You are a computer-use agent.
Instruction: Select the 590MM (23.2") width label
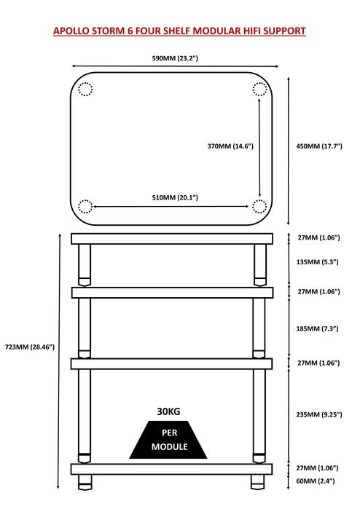click(x=175, y=58)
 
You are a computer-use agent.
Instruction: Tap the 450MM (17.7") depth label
click(x=319, y=146)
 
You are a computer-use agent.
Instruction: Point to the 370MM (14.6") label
click(x=230, y=146)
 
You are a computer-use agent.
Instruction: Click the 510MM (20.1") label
click(x=175, y=197)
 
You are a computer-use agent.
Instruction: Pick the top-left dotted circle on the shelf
click(x=85, y=89)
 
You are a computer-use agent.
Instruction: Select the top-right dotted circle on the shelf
click(x=259, y=89)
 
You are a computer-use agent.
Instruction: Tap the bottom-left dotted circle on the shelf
click(x=85, y=207)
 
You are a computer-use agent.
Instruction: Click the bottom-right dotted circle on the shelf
click(x=259, y=207)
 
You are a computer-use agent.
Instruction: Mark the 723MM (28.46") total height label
click(x=30, y=347)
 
